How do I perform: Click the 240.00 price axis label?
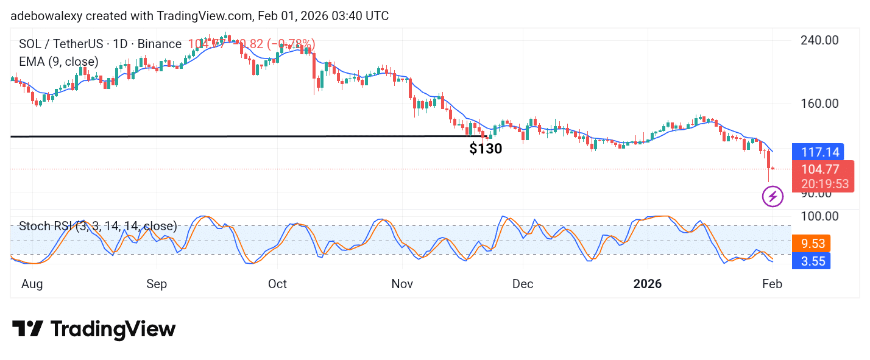(x=818, y=40)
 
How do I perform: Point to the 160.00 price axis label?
(x=818, y=104)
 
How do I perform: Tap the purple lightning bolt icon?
(x=773, y=196)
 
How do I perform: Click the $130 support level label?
(x=486, y=149)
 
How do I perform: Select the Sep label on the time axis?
(x=157, y=284)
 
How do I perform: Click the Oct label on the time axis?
(x=277, y=284)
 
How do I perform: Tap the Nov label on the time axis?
(x=402, y=284)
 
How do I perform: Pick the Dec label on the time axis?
(x=522, y=284)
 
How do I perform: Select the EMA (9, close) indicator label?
(x=58, y=62)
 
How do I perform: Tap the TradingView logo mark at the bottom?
(x=27, y=329)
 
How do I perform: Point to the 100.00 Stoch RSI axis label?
(x=818, y=216)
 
